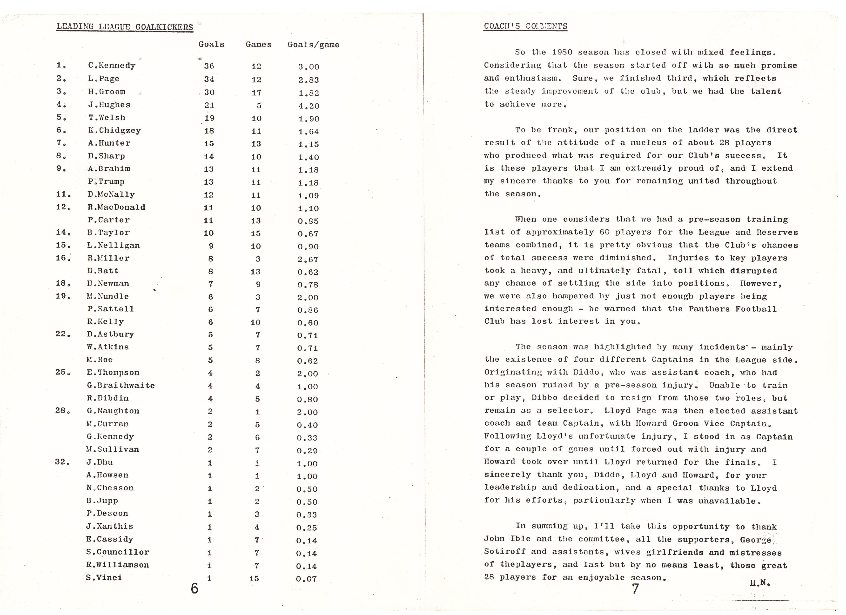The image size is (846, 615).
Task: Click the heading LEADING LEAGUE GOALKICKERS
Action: [125, 27]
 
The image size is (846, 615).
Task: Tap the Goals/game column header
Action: [313, 45]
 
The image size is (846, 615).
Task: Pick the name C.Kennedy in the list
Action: [112, 66]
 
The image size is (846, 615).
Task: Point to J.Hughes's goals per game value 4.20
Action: [309, 106]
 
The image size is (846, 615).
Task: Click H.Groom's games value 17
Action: [256, 93]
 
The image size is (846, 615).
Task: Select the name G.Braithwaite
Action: [121, 385]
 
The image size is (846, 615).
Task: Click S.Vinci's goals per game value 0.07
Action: [306, 579]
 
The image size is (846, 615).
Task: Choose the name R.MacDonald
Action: [116, 207]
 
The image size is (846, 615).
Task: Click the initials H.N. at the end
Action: [760, 583]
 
